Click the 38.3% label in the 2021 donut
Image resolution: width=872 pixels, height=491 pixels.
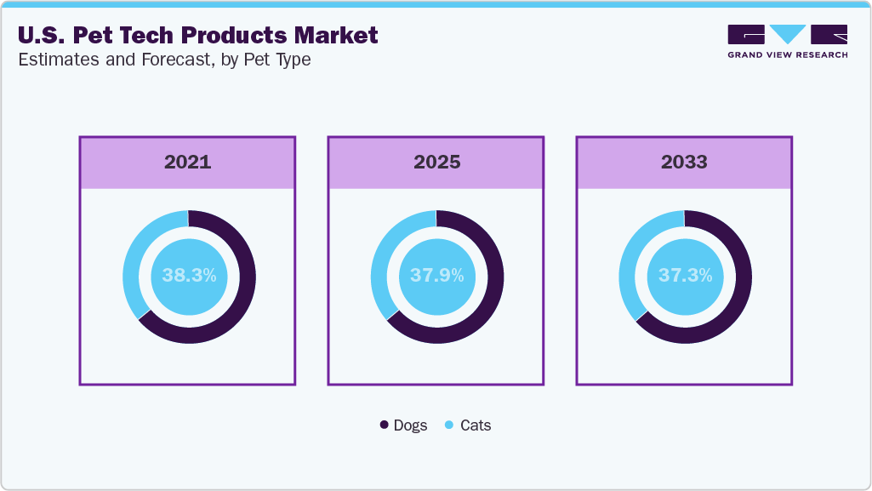[188, 276]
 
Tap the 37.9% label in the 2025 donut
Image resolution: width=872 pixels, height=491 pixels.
[436, 276]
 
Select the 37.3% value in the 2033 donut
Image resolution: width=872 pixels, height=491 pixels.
[685, 276]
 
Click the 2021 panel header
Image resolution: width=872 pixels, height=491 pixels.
[187, 162]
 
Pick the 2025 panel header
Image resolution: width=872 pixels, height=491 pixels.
[436, 162]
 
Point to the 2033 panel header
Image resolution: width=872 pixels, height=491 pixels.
[684, 162]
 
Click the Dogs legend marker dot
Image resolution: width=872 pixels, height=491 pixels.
[385, 425]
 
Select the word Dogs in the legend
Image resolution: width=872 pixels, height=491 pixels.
[410, 425]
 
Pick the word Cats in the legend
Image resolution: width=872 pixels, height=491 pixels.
[476, 425]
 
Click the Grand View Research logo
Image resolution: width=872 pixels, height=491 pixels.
[787, 41]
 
